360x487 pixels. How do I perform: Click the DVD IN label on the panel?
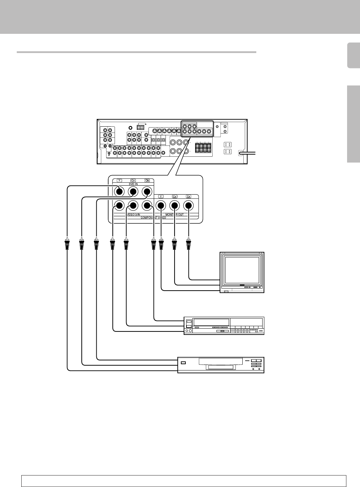133,185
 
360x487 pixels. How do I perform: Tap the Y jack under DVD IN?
119,191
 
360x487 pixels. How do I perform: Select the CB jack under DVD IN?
133,191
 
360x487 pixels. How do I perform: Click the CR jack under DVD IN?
147,191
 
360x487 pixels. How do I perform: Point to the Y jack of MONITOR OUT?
161,206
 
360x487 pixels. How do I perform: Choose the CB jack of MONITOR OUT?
175,206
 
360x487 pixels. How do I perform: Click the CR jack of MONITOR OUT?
189,206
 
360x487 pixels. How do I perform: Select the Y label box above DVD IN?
119,180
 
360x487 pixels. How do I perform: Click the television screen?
242,271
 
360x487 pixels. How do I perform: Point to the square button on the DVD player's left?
184,363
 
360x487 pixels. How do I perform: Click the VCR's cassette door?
211,322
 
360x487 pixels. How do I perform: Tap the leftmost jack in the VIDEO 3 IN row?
119,206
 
